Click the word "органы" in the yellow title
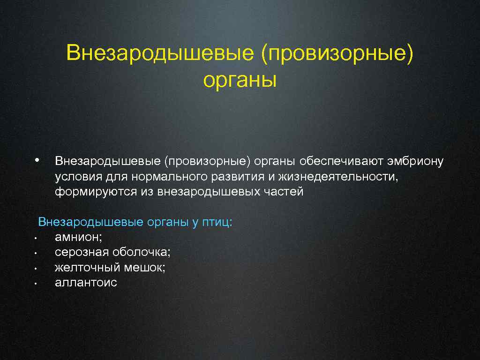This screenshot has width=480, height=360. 240,80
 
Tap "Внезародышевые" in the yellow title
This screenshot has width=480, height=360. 161,52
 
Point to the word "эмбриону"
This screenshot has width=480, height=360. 415,162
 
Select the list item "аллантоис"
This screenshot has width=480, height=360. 86,283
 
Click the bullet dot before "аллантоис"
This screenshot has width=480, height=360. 35,284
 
